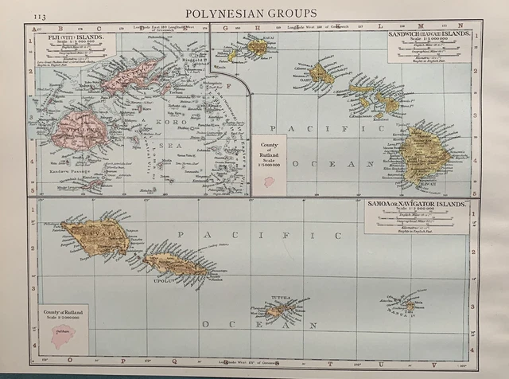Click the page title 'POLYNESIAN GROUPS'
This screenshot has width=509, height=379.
[251, 13]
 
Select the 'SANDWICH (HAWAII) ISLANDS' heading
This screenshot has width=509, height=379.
[429, 36]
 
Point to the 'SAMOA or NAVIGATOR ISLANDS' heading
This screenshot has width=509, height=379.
[416, 205]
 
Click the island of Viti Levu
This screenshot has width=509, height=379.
[80, 131]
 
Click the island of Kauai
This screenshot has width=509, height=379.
[256, 48]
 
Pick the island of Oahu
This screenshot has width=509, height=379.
[321, 75]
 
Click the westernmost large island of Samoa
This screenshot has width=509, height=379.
[95, 236]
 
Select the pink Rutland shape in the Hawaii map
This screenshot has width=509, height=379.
[269, 182]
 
